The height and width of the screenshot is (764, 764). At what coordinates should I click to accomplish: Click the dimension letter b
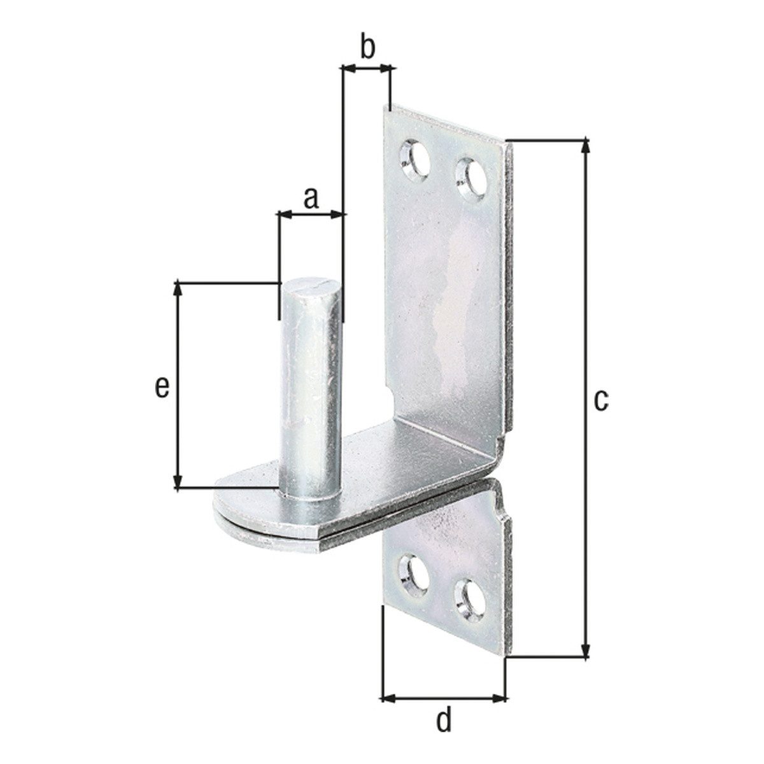[367, 48]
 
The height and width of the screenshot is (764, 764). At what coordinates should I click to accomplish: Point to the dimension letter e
[162, 388]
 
